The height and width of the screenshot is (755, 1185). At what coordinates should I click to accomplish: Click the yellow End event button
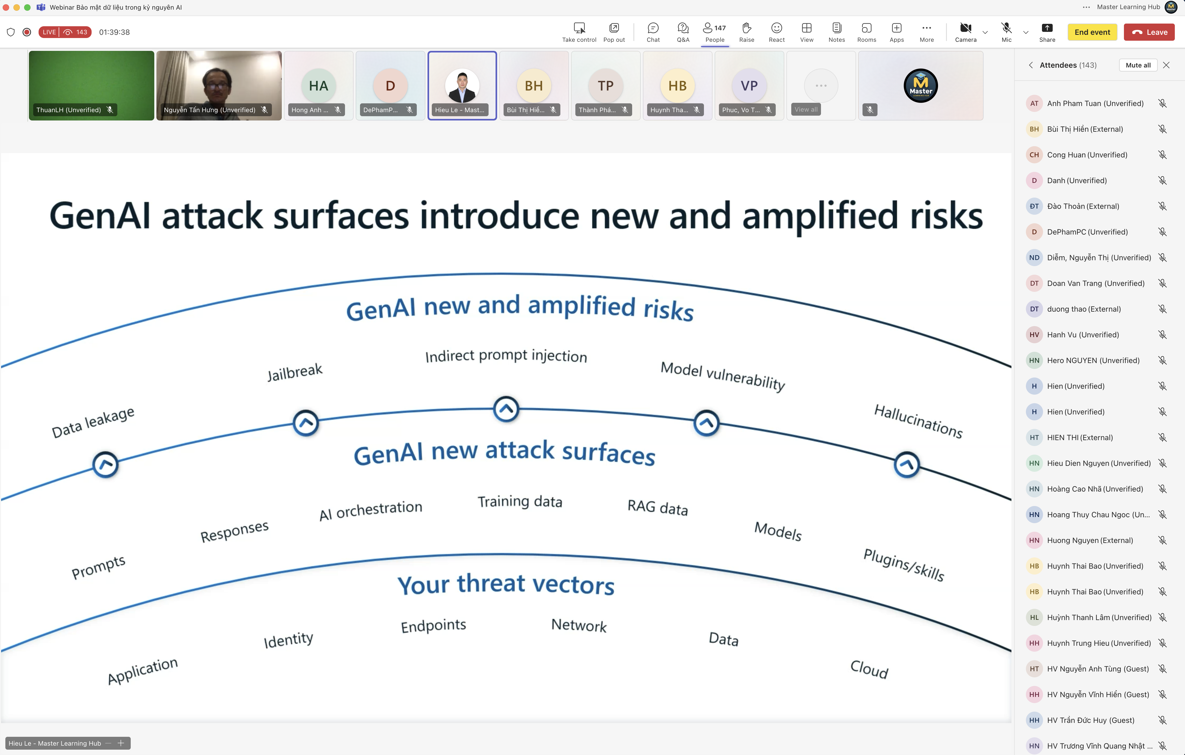click(x=1092, y=32)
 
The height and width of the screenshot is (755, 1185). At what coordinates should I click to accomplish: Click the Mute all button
click(x=1138, y=65)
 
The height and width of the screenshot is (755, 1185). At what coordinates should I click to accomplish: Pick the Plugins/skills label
click(x=904, y=565)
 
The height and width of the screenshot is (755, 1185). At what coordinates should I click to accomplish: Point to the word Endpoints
click(x=433, y=626)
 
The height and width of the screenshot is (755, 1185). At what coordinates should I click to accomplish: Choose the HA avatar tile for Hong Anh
click(x=318, y=86)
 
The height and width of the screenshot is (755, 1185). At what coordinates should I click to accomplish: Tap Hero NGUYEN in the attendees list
click(x=1093, y=361)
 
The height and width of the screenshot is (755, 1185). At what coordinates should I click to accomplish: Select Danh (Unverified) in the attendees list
click(x=1077, y=180)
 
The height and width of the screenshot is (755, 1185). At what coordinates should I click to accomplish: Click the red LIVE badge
click(x=49, y=32)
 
